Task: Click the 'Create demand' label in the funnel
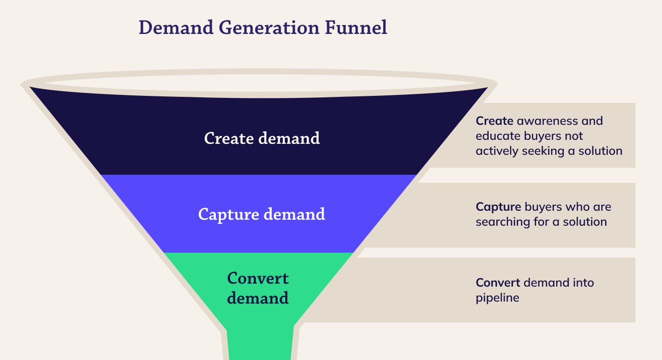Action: pyautogui.click(x=262, y=138)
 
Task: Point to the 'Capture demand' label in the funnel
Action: pyautogui.click(x=262, y=214)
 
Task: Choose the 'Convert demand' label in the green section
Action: pyautogui.click(x=258, y=288)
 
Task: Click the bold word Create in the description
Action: pyautogui.click(x=494, y=121)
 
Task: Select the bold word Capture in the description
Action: pyautogui.click(x=497, y=207)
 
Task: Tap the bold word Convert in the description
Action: pyautogui.click(x=498, y=283)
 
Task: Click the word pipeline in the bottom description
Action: pyautogui.click(x=497, y=298)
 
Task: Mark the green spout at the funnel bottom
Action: pyautogui.click(x=259, y=345)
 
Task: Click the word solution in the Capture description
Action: pyautogui.click(x=585, y=222)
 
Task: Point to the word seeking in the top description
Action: pyautogui.click(x=544, y=151)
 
